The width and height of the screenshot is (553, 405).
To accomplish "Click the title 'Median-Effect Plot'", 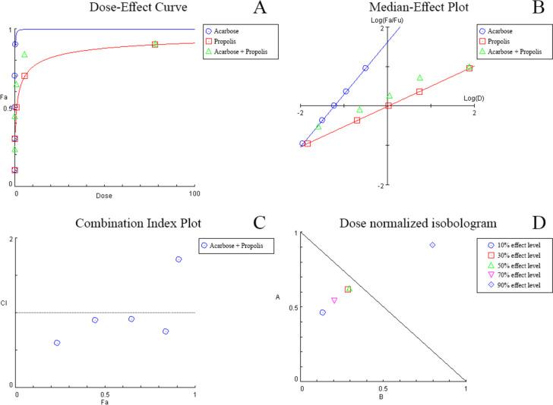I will click(x=387, y=9).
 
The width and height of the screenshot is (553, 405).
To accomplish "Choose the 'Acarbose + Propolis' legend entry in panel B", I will click(x=510, y=52).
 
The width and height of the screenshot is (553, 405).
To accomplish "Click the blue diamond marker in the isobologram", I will click(x=432, y=245).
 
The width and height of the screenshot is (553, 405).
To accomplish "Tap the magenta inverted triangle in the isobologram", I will click(x=334, y=301).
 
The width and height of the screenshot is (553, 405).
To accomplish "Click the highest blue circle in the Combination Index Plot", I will click(x=179, y=259).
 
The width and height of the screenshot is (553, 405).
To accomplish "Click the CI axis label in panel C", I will click(x=6, y=305).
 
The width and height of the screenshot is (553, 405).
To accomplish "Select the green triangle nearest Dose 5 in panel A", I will click(x=24, y=55).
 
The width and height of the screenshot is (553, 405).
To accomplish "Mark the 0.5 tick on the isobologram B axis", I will click(x=384, y=388).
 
